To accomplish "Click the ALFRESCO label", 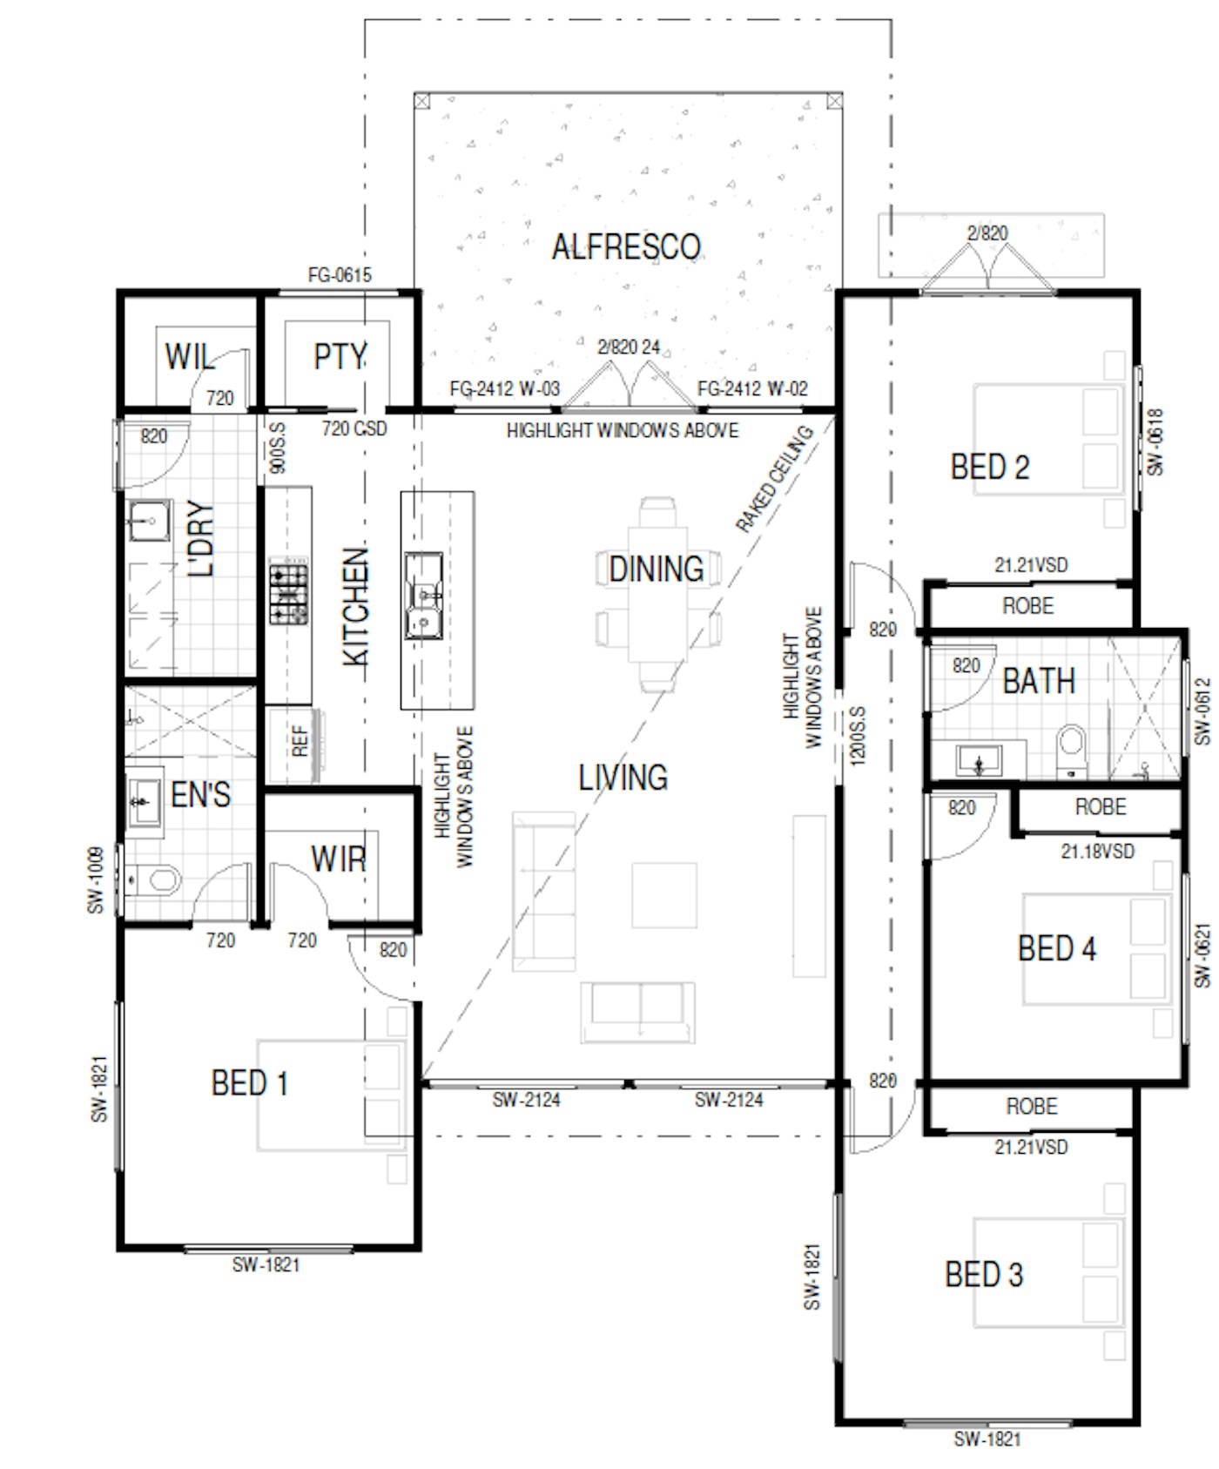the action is pos(626,246).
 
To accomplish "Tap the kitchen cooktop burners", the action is pos(288,594).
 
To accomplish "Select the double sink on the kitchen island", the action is pos(424,596).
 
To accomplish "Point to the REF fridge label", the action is pos(300,741).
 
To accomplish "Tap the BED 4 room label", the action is pos(1056,948).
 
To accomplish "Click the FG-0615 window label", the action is pos(340,275).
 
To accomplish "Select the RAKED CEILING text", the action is pos(774,478).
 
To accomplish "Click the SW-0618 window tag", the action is pos(1155,442).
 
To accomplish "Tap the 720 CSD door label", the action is pos(354,428).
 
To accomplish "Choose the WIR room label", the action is pos(339,859).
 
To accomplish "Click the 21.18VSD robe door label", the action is pos(1097,851).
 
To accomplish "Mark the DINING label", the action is pos(657,569).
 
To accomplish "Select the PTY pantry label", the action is pos(340,357).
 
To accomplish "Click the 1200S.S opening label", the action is pos(858,737).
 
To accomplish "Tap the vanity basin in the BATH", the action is pos(979,760).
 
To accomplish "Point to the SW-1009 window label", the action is pos(96,880).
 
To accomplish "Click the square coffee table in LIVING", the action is pos(664,895).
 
